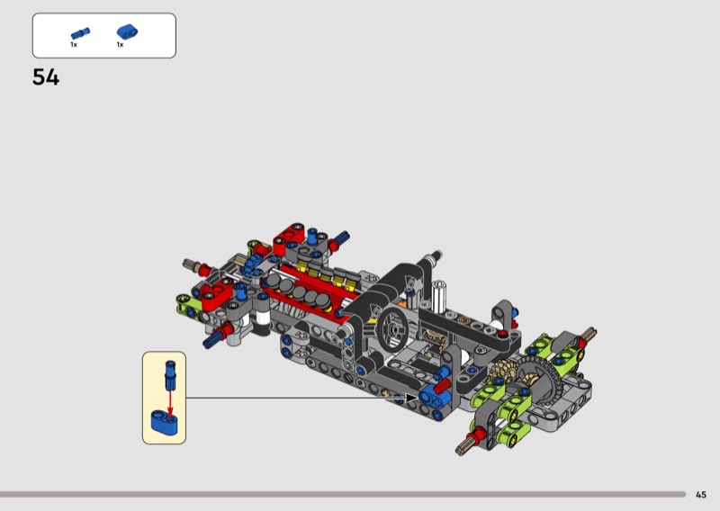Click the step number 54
(x=46, y=77)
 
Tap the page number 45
(x=701, y=495)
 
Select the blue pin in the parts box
(x=80, y=33)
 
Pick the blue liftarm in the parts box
(x=127, y=31)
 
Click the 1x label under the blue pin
(x=74, y=45)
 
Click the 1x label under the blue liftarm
(x=120, y=45)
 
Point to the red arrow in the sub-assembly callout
(x=170, y=403)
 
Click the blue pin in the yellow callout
(x=170, y=374)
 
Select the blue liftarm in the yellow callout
(x=164, y=422)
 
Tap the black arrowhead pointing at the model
(x=411, y=398)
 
